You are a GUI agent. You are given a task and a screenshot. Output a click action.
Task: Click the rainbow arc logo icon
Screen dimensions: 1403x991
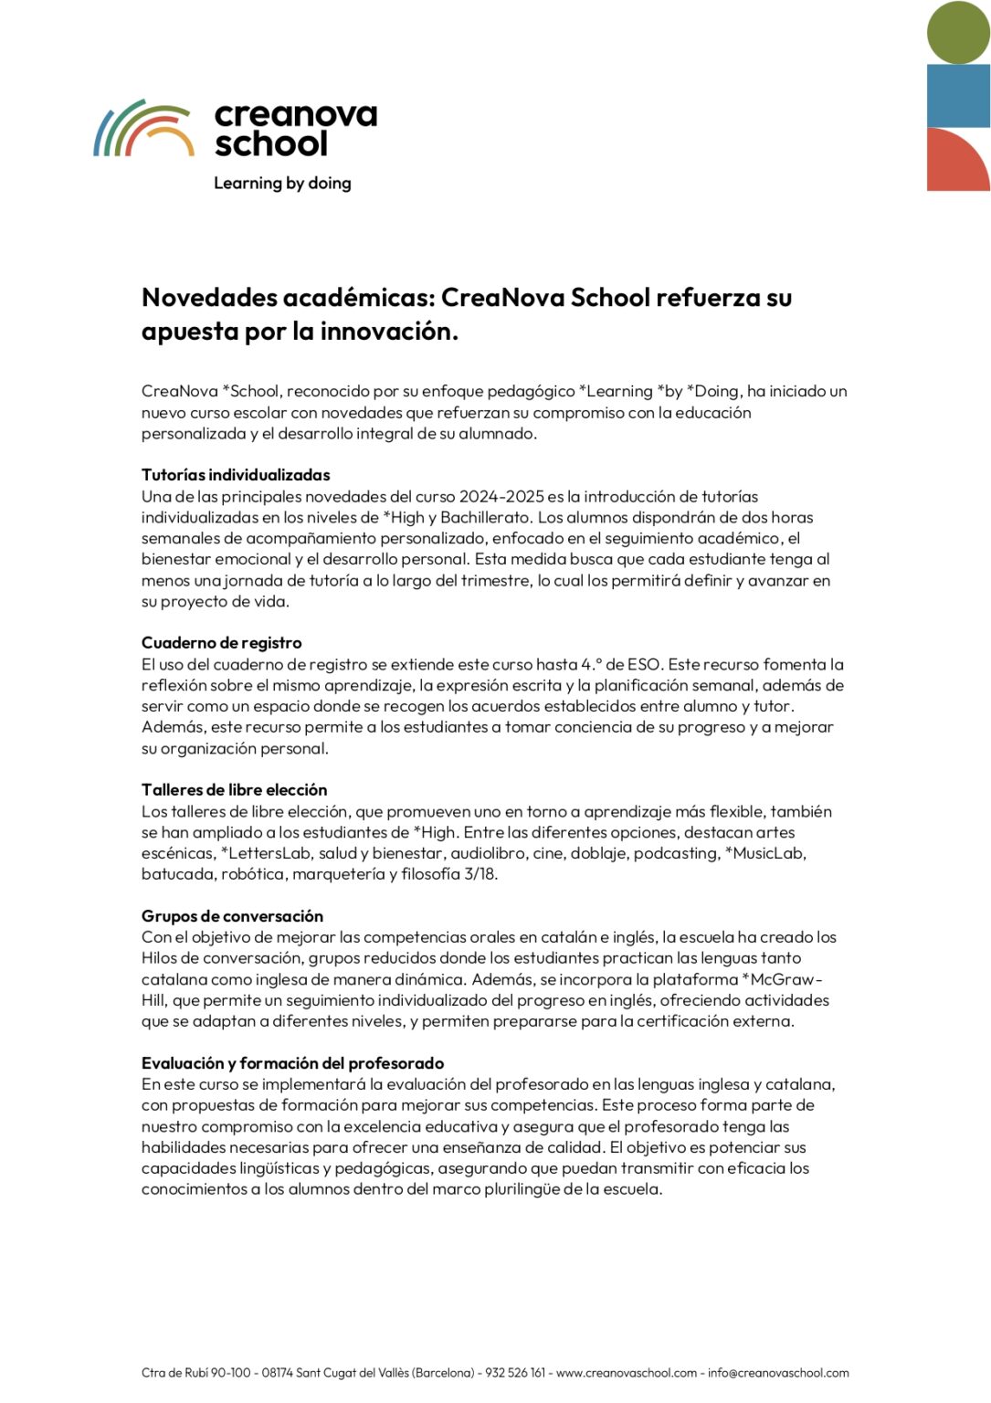[143, 129]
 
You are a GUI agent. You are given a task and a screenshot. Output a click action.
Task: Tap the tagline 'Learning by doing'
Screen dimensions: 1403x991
[282, 183]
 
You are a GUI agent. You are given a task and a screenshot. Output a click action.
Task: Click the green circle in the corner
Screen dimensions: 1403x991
[958, 33]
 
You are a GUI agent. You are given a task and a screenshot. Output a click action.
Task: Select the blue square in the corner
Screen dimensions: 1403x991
[958, 96]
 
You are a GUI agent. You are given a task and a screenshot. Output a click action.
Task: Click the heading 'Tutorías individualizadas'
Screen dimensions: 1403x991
[236, 475]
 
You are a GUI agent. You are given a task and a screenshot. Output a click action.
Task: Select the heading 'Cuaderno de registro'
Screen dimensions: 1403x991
[221, 643]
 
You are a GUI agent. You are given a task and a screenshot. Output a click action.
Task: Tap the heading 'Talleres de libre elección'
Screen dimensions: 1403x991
[234, 790]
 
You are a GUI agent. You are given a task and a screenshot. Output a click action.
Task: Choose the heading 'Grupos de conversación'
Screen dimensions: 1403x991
[232, 916]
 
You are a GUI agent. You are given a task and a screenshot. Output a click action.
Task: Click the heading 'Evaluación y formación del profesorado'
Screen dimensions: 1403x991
[292, 1063]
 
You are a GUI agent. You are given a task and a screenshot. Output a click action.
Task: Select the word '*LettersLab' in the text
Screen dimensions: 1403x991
[266, 853]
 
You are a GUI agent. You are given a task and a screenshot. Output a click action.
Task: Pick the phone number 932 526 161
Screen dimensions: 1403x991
[515, 1373]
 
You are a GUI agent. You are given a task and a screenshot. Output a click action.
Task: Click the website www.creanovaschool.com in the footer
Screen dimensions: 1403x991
[626, 1373]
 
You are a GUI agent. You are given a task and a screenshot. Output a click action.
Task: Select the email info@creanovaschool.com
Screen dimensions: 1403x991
[778, 1373]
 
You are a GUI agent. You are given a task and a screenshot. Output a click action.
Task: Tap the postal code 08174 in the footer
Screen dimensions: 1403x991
[278, 1373]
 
